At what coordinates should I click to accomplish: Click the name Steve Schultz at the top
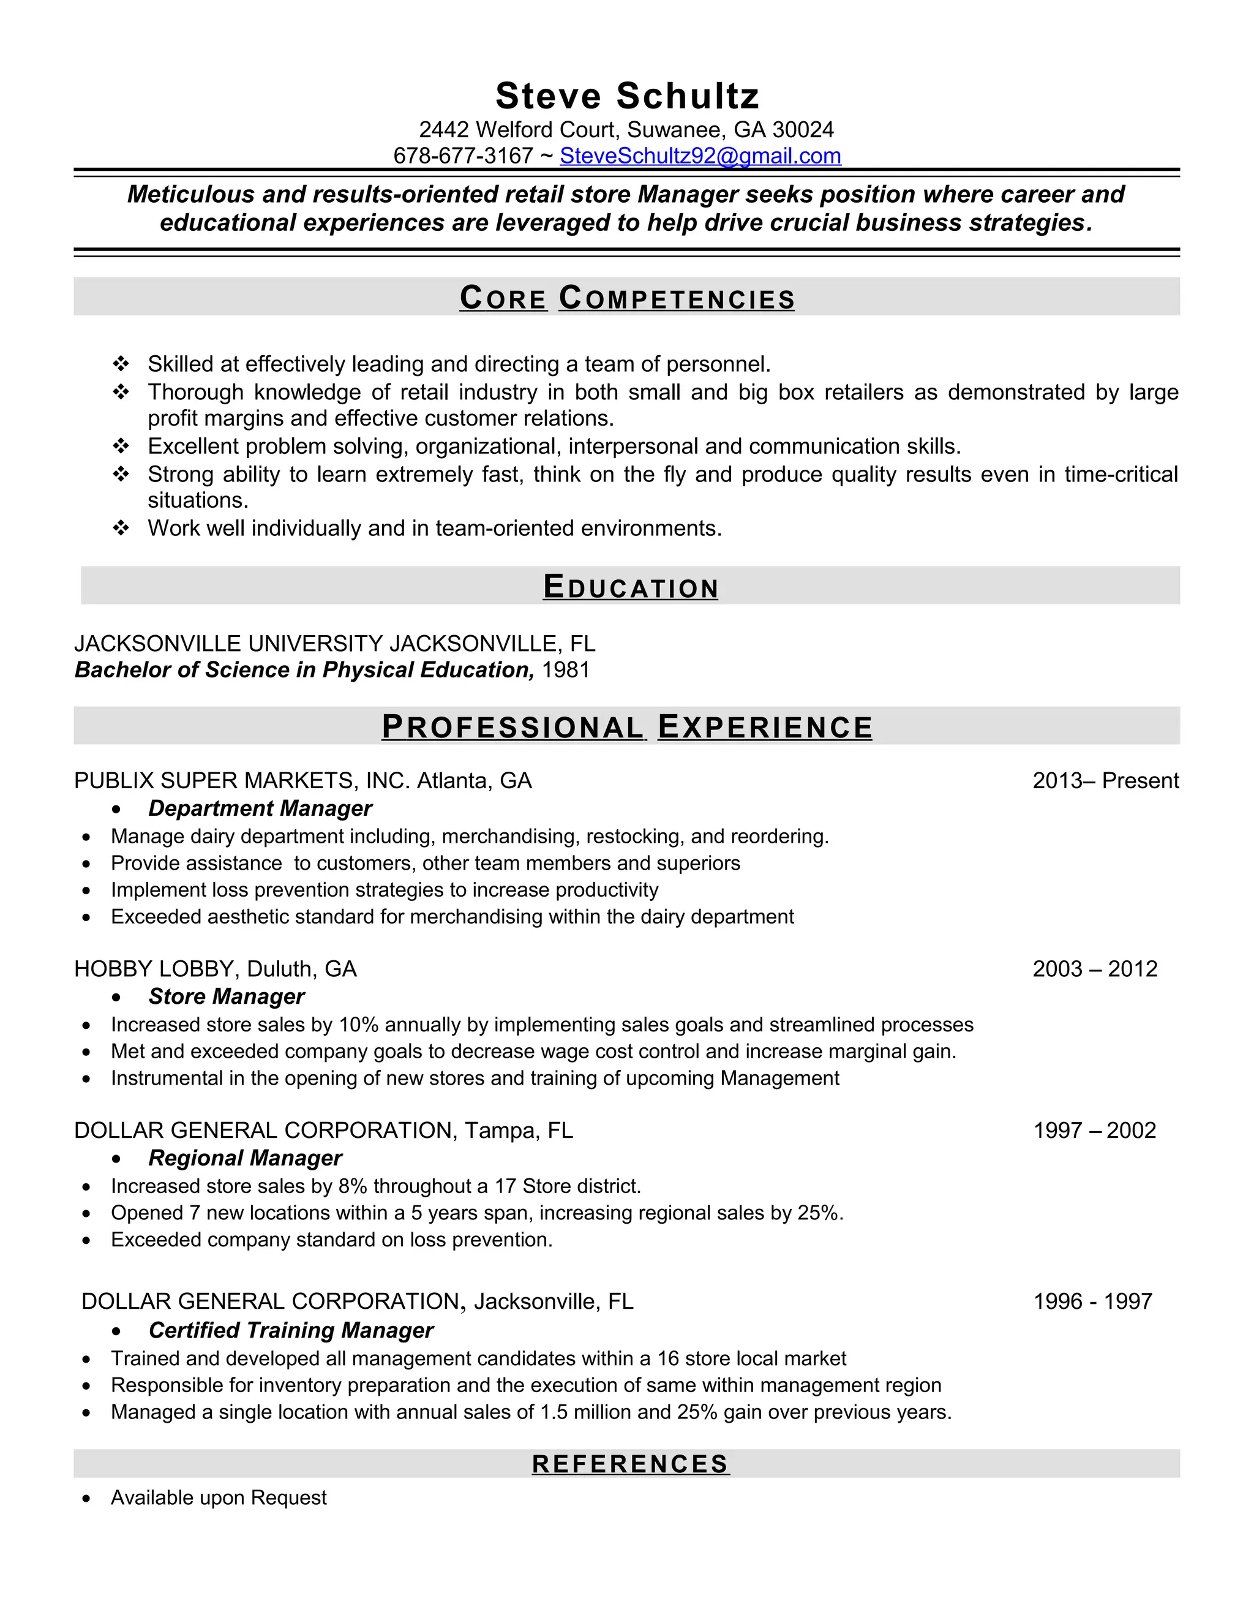pyautogui.click(x=627, y=96)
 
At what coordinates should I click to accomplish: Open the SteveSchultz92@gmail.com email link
pyautogui.click(x=700, y=156)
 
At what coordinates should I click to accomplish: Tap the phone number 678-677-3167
pyautogui.click(x=463, y=156)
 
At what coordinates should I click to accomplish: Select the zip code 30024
pyautogui.click(x=803, y=130)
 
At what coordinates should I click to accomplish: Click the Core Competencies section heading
pyautogui.click(x=627, y=298)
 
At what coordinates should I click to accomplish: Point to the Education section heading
pyautogui.click(x=630, y=587)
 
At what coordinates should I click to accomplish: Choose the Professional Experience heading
pyautogui.click(x=627, y=727)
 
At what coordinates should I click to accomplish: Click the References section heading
pyautogui.click(x=630, y=1464)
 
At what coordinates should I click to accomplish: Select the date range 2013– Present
pyautogui.click(x=1105, y=781)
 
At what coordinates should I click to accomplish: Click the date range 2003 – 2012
pyautogui.click(x=1095, y=969)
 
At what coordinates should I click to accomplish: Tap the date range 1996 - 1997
pyautogui.click(x=1093, y=1301)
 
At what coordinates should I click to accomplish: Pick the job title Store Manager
pyautogui.click(x=227, y=996)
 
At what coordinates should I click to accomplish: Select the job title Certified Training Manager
pyautogui.click(x=290, y=1330)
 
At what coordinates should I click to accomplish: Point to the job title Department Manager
pyautogui.click(x=260, y=808)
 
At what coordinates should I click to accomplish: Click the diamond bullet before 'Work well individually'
pyautogui.click(x=121, y=529)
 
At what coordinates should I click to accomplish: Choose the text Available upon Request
pyautogui.click(x=219, y=1497)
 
